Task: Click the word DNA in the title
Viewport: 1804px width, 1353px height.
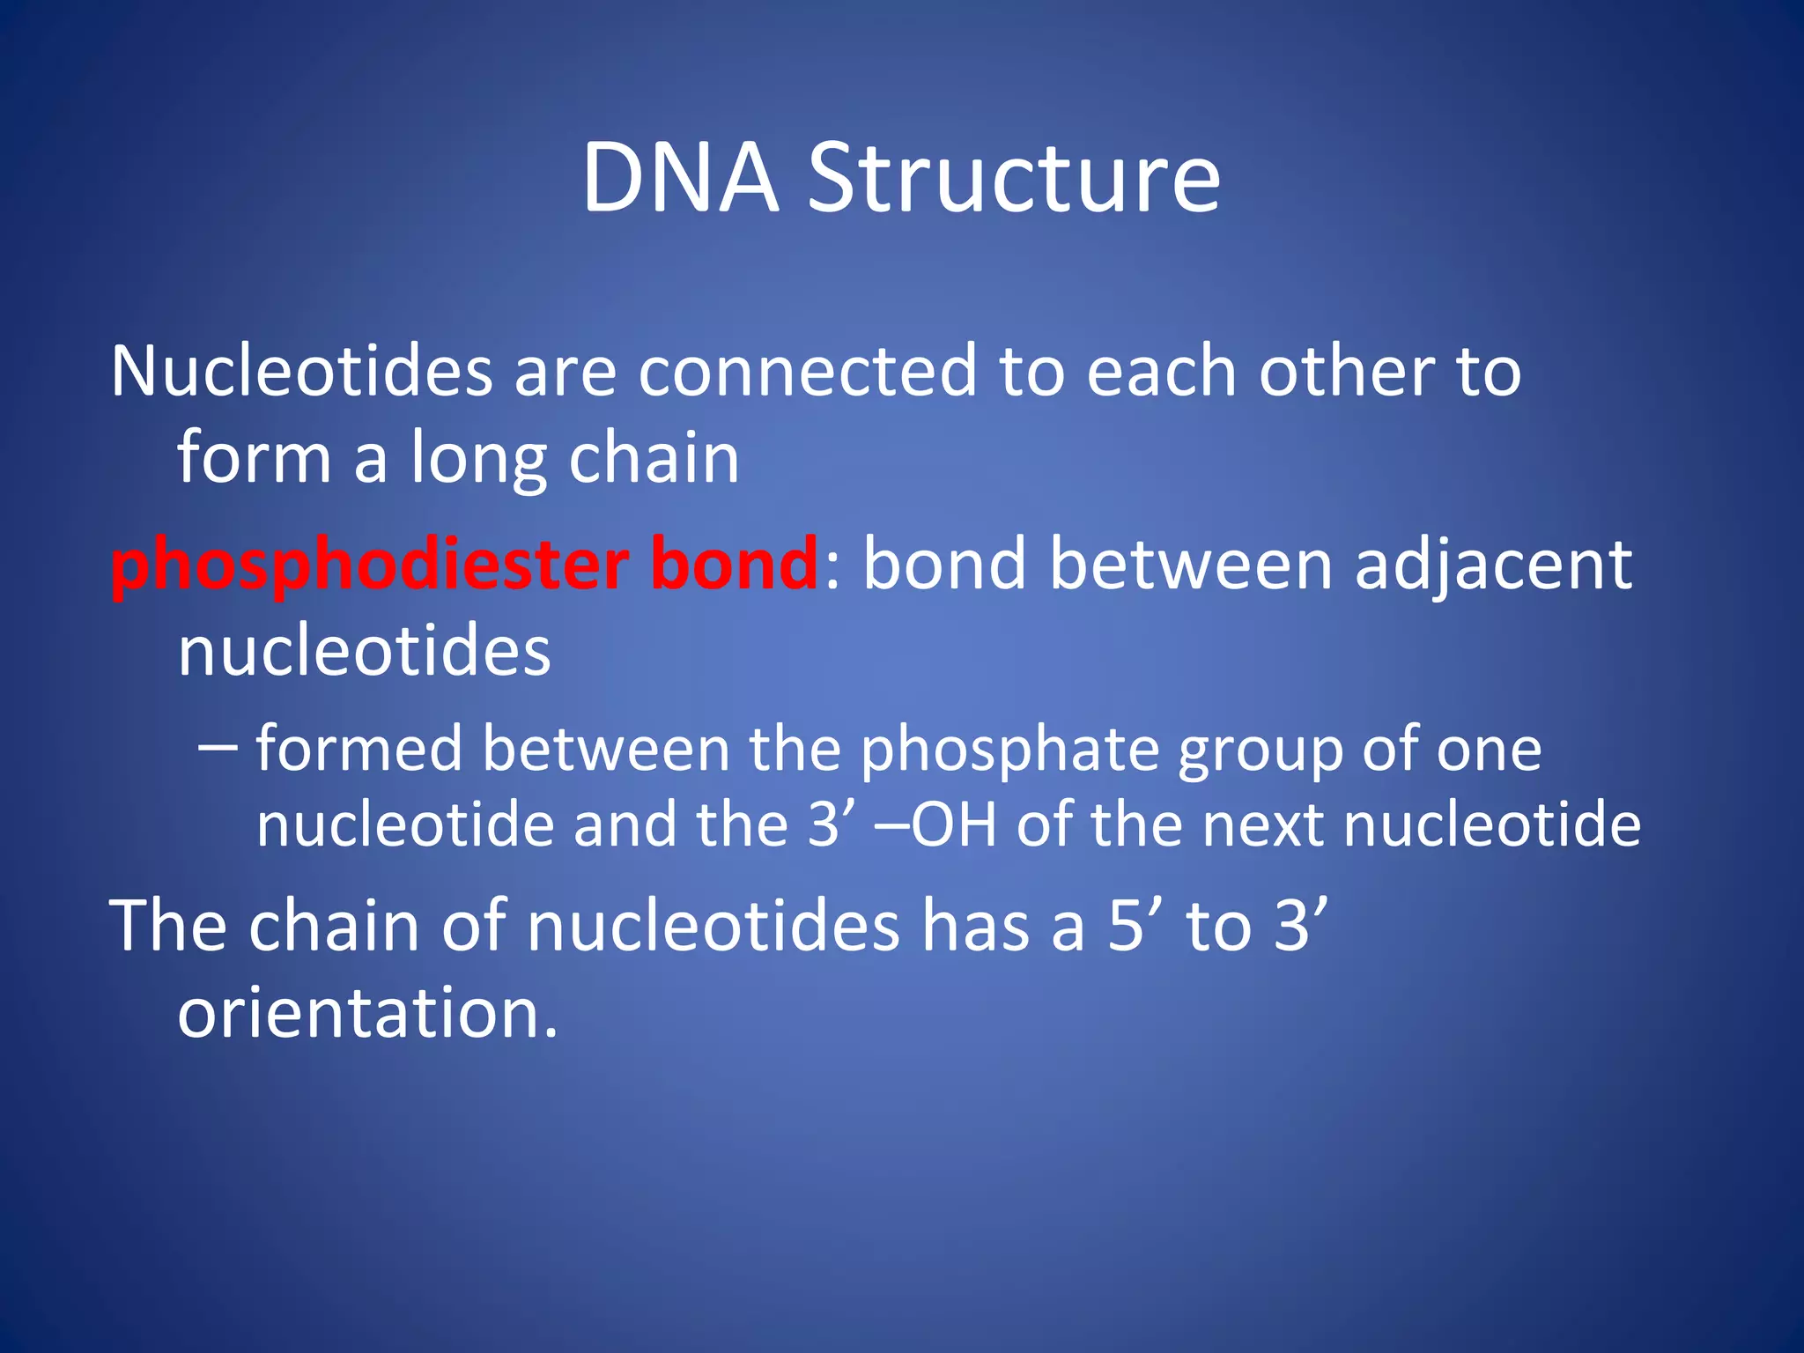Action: [x=680, y=178]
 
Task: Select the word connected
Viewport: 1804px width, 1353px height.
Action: [x=807, y=372]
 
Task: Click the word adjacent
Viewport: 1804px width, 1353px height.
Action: [x=1493, y=566]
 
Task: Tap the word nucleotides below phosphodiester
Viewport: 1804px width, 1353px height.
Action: [x=364, y=652]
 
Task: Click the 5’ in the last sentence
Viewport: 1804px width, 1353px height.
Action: [x=1133, y=927]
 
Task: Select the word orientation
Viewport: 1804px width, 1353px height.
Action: [x=367, y=1013]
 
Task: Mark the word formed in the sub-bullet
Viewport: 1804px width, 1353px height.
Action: [x=359, y=750]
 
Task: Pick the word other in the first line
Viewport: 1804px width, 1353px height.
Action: [x=1346, y=372]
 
